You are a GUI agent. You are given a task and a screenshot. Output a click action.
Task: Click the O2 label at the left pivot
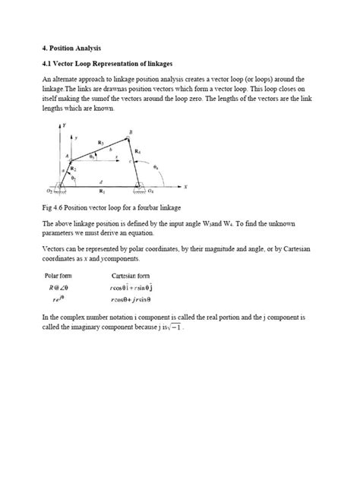49,193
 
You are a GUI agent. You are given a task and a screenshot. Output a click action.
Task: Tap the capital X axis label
184,186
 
